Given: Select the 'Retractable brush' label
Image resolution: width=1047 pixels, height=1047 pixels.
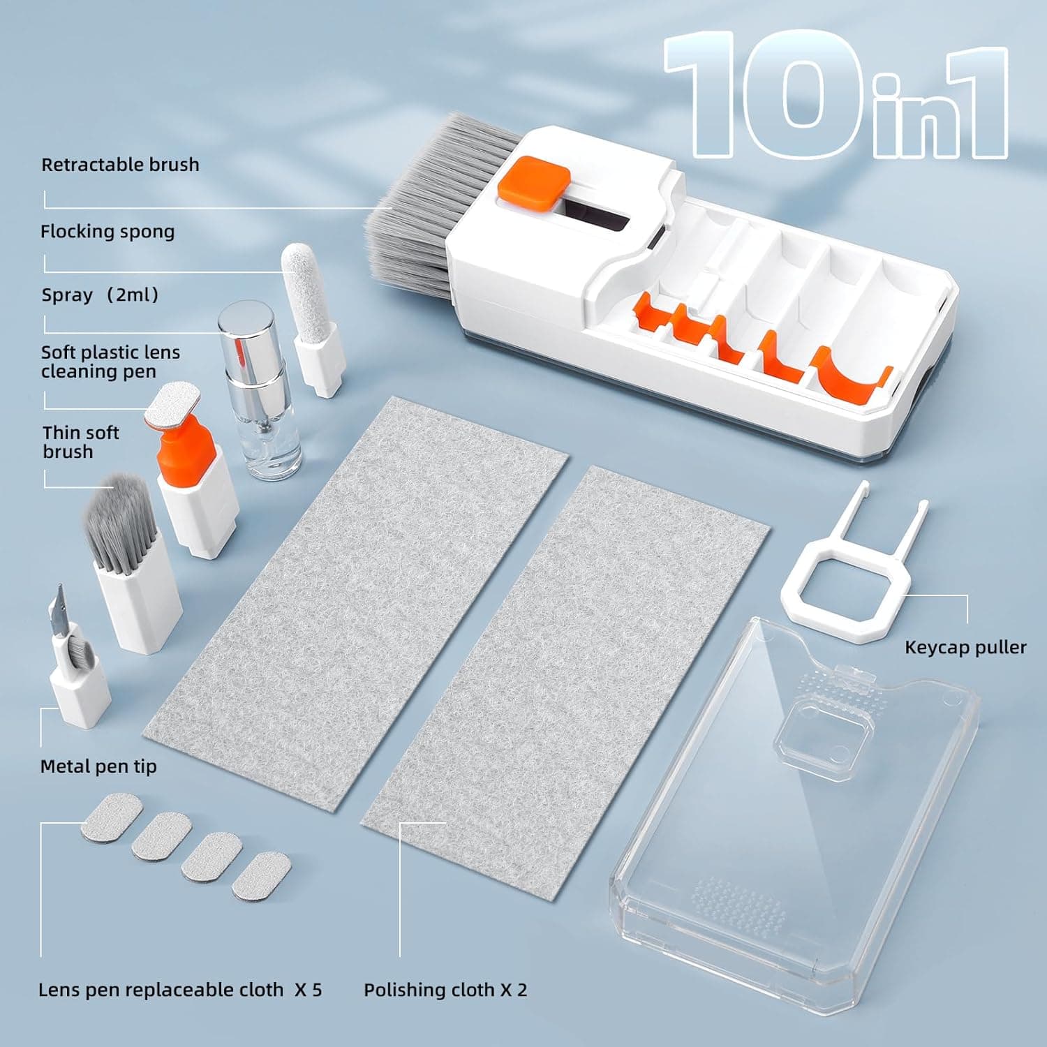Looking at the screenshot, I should coord(120,165).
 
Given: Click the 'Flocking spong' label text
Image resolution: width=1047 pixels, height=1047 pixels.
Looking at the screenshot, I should coord(107,232).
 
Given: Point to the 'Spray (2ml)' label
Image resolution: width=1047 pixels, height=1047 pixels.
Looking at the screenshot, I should coord(100,295).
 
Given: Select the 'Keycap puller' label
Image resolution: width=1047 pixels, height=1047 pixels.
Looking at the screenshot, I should coord(965,647).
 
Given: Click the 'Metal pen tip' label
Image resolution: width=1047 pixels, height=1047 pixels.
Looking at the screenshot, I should coord(98,766).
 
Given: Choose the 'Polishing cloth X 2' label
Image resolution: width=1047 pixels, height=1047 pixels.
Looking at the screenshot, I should coord(445,990).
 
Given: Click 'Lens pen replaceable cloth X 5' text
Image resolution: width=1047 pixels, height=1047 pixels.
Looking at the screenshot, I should coord(180,990).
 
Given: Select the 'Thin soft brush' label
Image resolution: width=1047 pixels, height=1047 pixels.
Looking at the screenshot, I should coord(81,442).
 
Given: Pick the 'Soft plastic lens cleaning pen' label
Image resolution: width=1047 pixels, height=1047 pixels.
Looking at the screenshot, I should coord(110,362).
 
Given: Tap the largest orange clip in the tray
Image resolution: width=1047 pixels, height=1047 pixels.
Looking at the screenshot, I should coord(852,377).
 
